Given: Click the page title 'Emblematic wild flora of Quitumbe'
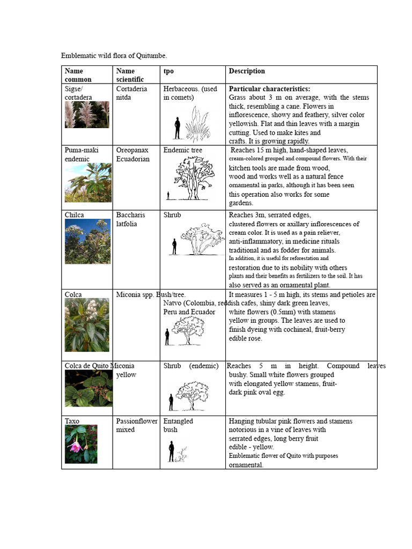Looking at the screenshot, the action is pos(114,56).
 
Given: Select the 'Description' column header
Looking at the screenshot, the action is pos(247,71).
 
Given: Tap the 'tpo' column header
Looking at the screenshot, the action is pos(168,71).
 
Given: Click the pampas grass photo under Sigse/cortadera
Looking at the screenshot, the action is pos(87,115).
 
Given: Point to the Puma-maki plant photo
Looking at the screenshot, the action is pos(88,183).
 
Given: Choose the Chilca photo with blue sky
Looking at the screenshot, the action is pos(87,241).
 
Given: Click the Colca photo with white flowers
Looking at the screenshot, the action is pos(87,325).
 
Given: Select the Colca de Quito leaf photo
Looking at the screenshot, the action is pos(89,388).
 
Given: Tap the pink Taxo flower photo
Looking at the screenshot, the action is pos(81,444).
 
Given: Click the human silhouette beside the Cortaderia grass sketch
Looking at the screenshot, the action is pos(178,128).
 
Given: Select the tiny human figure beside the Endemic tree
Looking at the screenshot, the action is pos(168,196).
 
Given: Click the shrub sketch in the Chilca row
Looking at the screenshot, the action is pos(202,239).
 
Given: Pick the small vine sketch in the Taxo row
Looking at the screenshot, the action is pos(182,455).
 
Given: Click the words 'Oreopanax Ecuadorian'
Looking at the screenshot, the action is pos(133,154).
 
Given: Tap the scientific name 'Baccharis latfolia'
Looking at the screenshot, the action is pos(130,219).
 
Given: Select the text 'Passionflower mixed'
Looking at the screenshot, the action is pos(137,425).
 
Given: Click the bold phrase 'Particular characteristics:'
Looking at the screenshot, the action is pos(269,89).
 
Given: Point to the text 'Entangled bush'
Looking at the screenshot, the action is pos(178,425).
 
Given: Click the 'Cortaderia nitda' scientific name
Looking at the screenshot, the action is pos(131,93).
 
